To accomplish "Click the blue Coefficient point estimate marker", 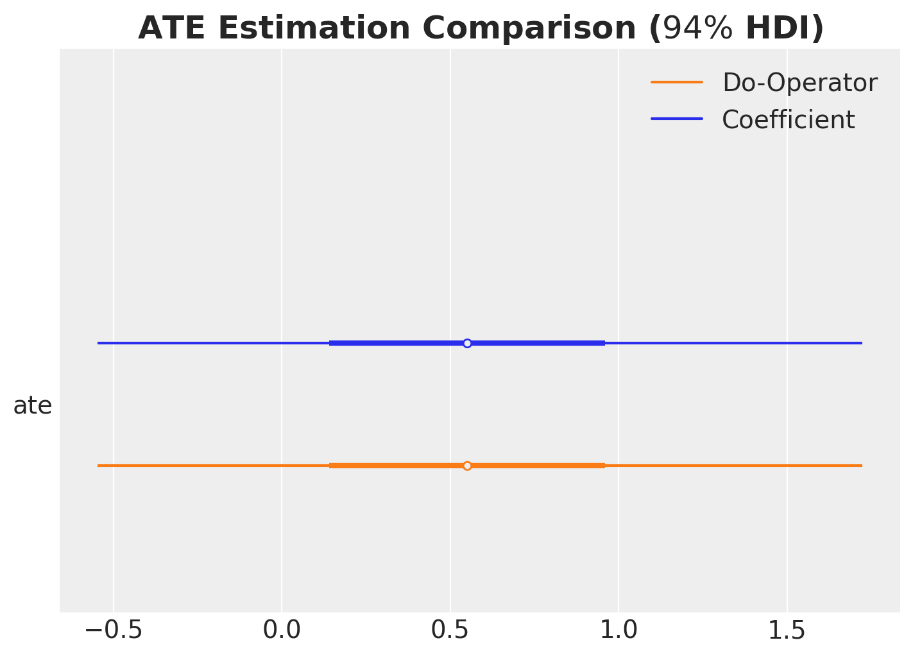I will pos(467,343).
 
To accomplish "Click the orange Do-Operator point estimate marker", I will pos(467,466).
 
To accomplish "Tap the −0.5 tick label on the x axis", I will pos(114,630).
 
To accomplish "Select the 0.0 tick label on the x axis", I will pos(282,630).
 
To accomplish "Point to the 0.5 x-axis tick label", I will pos(450,630).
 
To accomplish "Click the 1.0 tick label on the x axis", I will pos(619,630).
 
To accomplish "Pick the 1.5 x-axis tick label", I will pos(787,630).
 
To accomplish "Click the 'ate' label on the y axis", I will pos(33,406).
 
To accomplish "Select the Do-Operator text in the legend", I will pos(799,83).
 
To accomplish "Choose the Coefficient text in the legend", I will pos(788,120).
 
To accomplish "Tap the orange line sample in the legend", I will pos(677,82).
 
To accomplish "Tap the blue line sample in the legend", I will pos(677,119).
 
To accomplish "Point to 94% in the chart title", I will pos(697,29).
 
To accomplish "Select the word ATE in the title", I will pos(166,29).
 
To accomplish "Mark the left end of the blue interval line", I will pos(98,343).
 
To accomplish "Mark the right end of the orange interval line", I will pos(861,466).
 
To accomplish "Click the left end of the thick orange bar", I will pos(330,466).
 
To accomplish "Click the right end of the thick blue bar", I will pos(604,343).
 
